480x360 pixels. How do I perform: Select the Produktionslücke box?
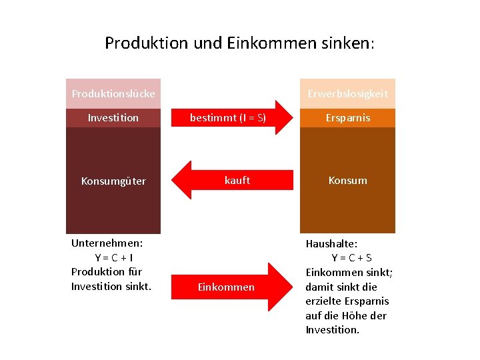113,93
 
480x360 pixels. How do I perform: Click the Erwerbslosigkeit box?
347,93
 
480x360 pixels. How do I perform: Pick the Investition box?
113,118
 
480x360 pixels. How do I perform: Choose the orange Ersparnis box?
347,118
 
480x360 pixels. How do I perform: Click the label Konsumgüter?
113,181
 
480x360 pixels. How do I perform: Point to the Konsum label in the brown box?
347,180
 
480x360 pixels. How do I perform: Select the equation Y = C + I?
113,258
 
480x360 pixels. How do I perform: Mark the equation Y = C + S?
351,258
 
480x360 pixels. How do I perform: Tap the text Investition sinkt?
111,286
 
